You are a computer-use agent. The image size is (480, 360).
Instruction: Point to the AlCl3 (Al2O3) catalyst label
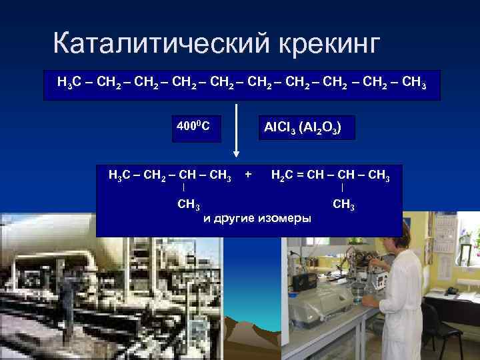pos(303,126)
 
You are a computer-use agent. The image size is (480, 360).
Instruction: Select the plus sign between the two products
pos(248,175)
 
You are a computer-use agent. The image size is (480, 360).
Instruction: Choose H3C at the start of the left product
pos(120,176)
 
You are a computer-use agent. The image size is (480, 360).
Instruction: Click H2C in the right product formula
pos(283,176)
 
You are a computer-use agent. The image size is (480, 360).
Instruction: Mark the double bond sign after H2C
pos(301,176)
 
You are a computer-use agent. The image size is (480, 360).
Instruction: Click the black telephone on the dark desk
pos(453,290)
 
